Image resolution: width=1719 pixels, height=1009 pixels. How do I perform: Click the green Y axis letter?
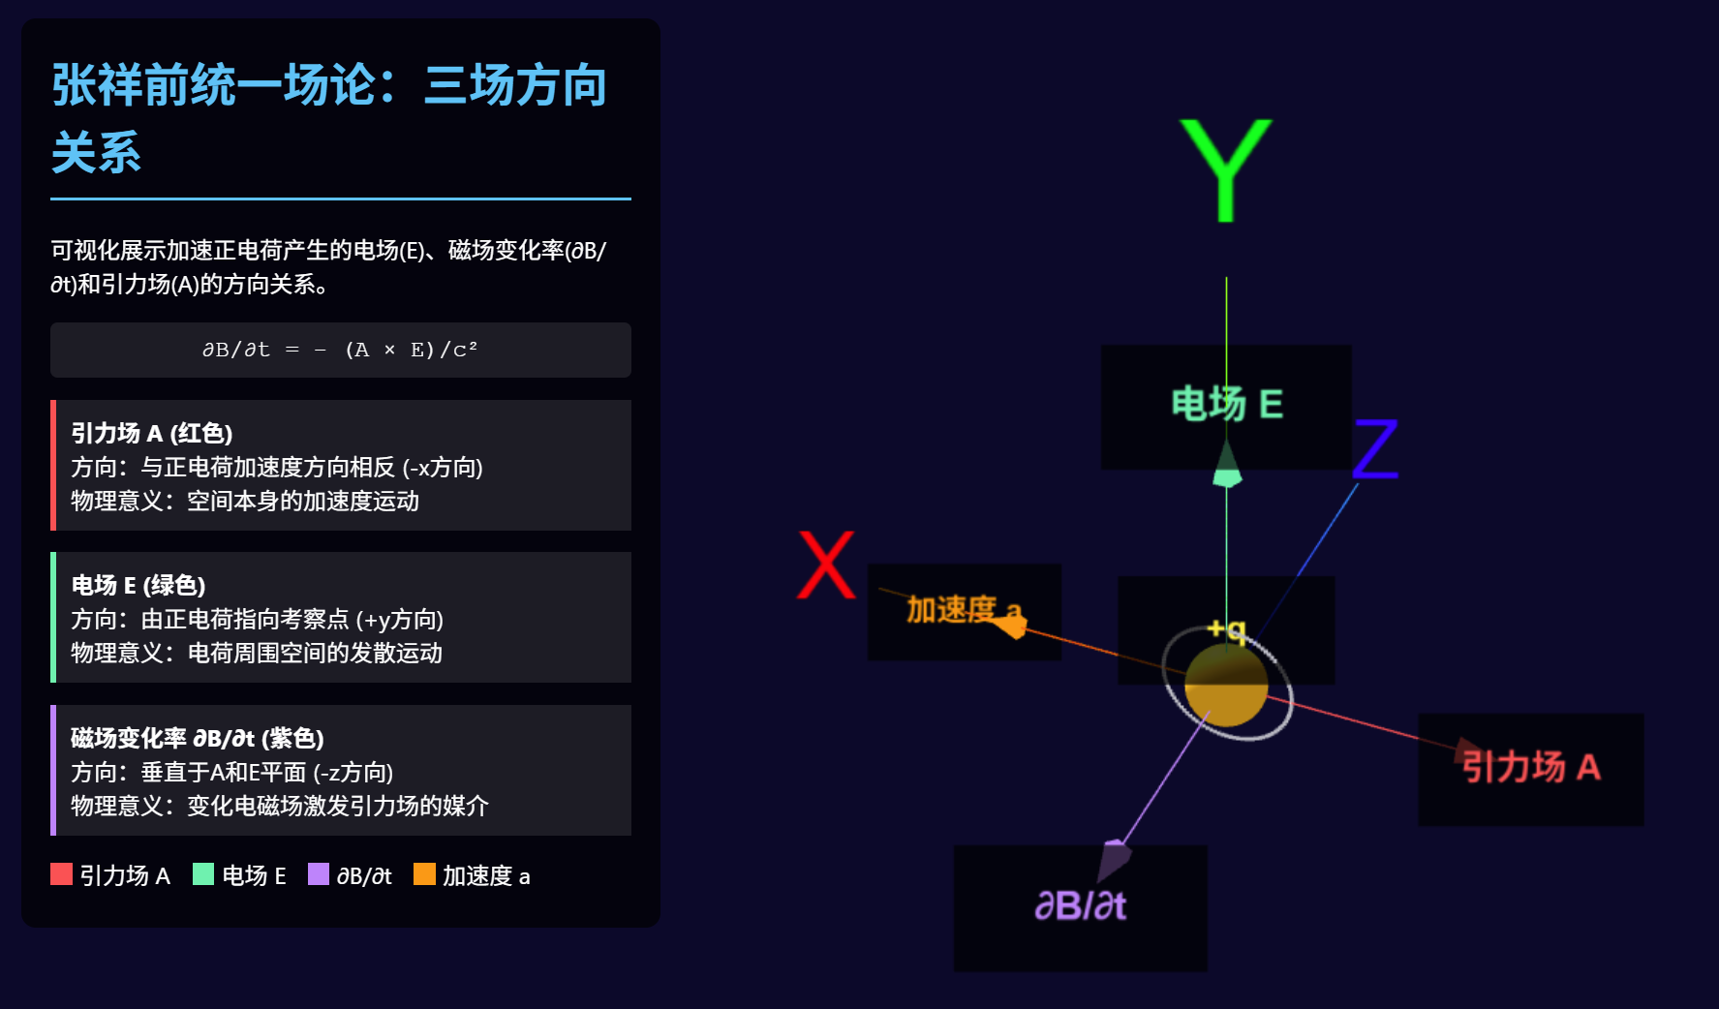click(x=1225, y=168)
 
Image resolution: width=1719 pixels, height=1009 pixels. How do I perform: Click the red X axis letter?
click(x=826, y=566)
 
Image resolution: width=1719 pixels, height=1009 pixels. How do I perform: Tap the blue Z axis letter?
click(x=1376, y=449)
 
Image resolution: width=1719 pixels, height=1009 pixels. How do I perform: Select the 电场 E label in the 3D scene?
click(x=1226, y=404)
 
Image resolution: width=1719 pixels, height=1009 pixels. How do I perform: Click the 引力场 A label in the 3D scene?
click(x=1530, y=767)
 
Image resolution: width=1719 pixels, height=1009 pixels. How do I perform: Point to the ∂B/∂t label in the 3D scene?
click(x=1080, y=905)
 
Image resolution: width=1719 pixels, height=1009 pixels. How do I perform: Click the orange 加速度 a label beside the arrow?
click(x=953, y=609)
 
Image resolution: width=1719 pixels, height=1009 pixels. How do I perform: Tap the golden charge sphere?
click(x=1226, y=685)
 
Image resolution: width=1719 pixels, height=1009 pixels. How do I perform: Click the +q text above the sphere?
click(x=1226, y=630)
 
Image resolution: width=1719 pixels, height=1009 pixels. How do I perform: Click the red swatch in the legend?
click(x=61, y=874)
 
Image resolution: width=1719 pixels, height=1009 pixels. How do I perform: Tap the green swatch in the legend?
click(x=203, y=874)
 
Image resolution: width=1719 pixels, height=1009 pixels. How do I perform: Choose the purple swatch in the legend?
click(x=318, y=874)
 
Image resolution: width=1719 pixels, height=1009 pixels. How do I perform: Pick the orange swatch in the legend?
click(x=424, y=874)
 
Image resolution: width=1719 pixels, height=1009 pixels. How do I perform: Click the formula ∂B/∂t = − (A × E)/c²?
click(x=340, y=350)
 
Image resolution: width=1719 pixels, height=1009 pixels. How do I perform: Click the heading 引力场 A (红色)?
click(x=152, y=433)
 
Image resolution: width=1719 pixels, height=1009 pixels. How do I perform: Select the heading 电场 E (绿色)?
click(x=138, y=585)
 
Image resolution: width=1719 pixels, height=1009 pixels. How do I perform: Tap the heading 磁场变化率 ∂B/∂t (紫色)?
click(x=198, y=738)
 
